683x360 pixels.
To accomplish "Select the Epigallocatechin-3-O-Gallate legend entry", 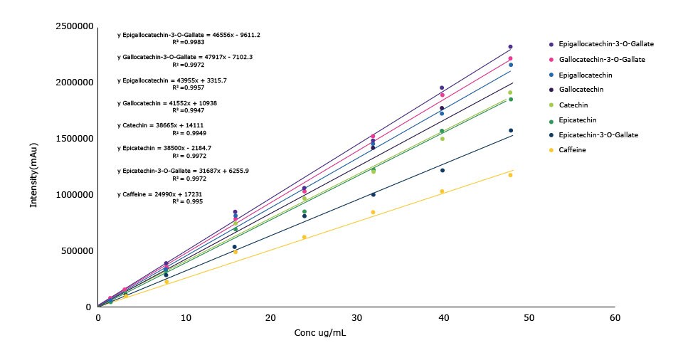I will click(x=607, y=44).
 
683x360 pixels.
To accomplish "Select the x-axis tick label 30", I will click(x=356, y=318).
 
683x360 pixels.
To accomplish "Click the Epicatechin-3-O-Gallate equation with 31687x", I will click(x=183, y=171).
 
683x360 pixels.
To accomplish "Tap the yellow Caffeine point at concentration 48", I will click(x=510, y=175).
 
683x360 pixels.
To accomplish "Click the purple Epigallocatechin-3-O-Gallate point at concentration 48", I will click(x=510, y=47).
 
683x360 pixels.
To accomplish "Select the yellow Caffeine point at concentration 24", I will click(x=305, y=237).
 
